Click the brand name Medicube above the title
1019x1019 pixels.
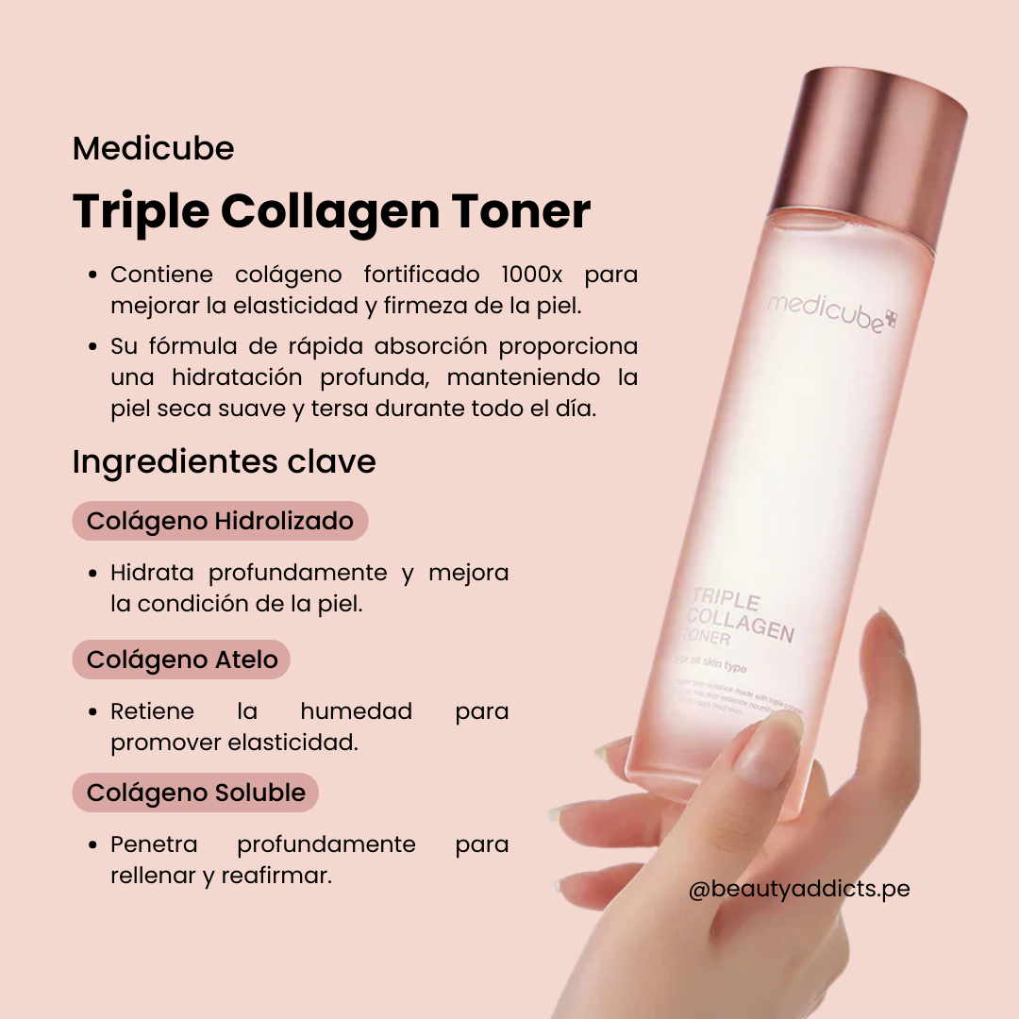153,149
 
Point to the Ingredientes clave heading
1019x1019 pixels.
224,461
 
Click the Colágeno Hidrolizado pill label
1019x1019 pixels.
220,521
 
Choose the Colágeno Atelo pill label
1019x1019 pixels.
182,660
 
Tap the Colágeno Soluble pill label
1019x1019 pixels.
195,793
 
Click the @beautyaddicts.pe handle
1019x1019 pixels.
798,889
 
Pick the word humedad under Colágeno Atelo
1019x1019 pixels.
356,710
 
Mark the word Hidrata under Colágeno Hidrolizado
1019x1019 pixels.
152,572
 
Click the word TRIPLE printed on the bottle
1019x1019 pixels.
726,597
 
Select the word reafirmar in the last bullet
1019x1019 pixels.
276,876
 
